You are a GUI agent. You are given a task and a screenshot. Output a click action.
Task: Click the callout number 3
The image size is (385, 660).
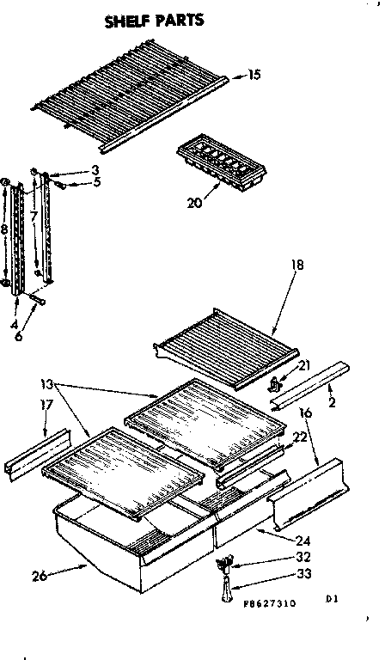pos(96,170)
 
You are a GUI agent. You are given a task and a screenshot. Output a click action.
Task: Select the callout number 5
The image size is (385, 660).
pos(97,182)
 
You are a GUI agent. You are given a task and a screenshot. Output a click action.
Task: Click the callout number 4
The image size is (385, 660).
pos(16,300)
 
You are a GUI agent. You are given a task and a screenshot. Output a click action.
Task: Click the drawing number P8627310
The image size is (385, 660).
pos(281,604)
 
